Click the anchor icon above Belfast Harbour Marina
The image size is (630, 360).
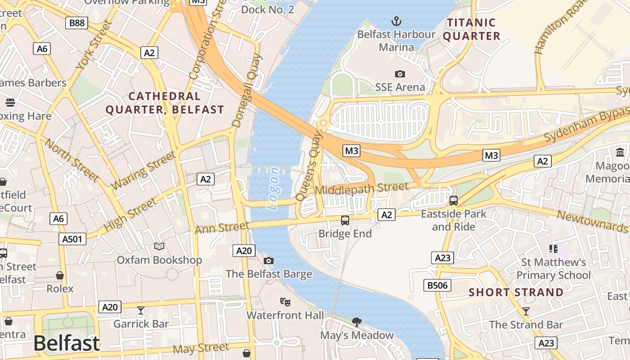coord(396,21)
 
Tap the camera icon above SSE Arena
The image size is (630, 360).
coord(400,74)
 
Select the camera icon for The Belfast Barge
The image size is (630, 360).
coord(269,261)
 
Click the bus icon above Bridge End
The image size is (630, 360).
coord(345,220)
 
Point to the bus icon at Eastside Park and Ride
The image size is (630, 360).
coord(454,201)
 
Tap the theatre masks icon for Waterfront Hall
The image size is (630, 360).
coord(284,302)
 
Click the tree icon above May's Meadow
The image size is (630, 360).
coord(357,322)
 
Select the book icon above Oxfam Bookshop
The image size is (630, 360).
coord(159,246)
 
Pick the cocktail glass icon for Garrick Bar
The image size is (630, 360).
coord(141,310)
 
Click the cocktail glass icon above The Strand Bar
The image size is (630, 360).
coord(526,311)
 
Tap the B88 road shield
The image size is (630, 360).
coord(76,23)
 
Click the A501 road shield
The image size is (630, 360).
coord(72,239)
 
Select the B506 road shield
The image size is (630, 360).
coord(437,285)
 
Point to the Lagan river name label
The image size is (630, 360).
coord(273,189)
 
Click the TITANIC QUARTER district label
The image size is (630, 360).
coord(471,29)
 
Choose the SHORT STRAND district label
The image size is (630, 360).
coord(516,292)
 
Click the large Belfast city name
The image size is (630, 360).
coord(67,344)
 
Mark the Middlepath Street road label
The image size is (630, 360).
coord(362,189)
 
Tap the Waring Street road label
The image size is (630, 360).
coord(143,171)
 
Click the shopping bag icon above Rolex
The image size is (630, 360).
coord(60,275)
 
